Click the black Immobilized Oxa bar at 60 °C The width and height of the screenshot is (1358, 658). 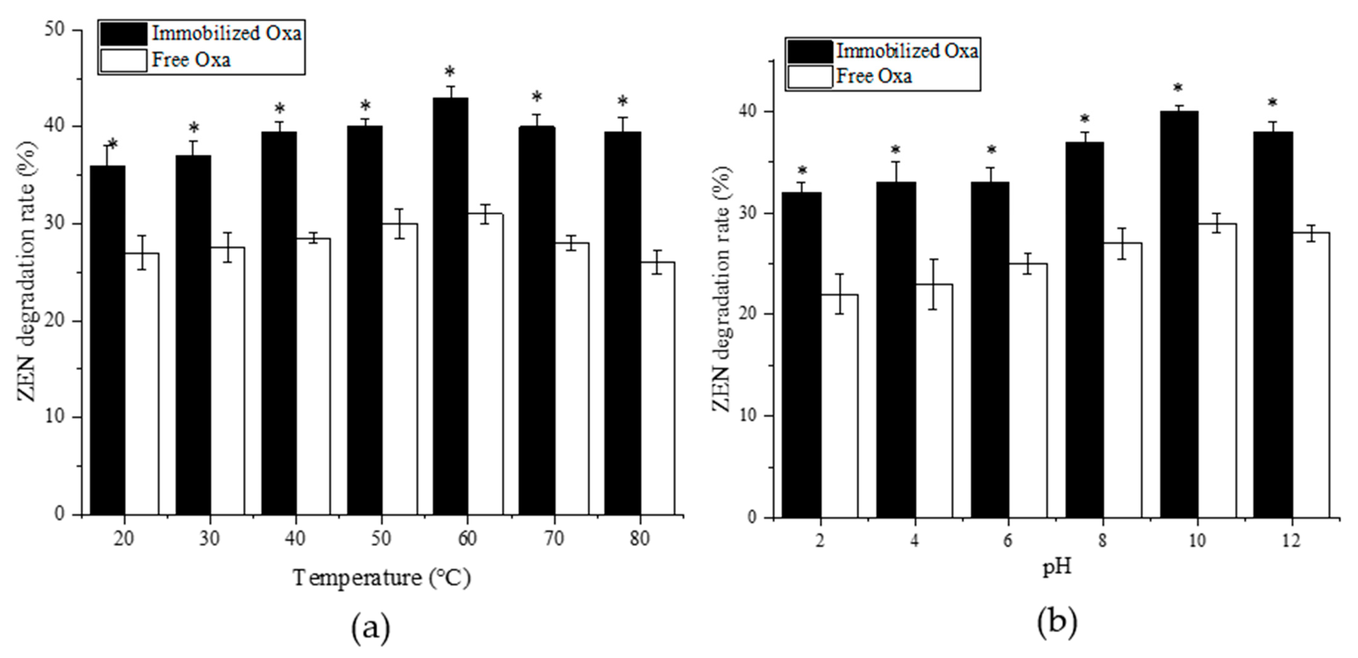click(x=450, y=306)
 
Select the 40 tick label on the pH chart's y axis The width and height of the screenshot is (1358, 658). click(x=751, y=111)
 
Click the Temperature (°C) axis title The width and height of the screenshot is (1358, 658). click(x=382, y=578)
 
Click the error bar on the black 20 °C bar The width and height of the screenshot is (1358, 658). click(x=107, y=156)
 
